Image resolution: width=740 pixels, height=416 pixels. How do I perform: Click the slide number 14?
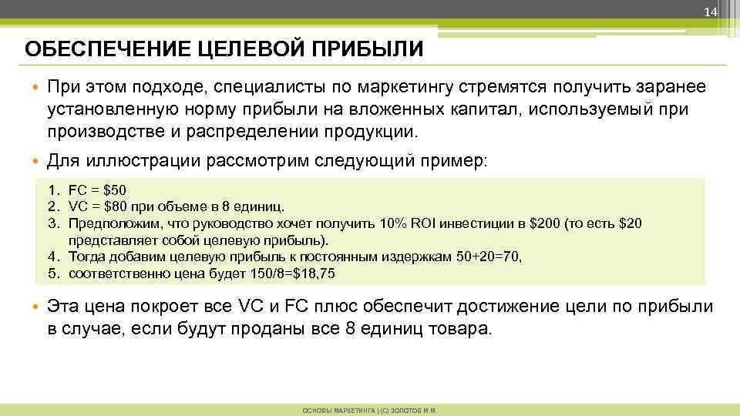click(711, 12)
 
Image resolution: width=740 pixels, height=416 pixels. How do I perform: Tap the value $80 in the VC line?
click(114, 206)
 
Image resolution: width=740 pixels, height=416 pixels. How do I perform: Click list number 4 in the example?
click(51, 257)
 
